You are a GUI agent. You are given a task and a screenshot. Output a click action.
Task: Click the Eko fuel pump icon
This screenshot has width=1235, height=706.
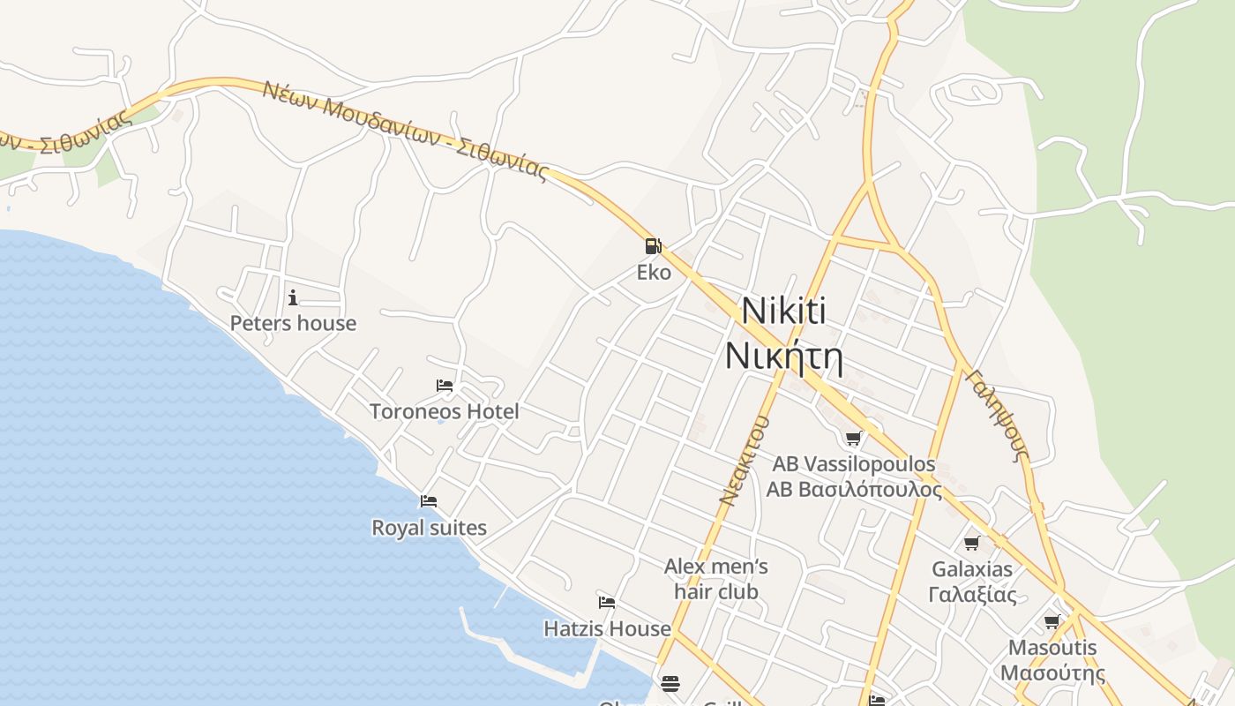coord(653,246)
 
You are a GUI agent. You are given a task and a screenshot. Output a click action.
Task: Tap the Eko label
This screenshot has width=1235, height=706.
coord(654,272)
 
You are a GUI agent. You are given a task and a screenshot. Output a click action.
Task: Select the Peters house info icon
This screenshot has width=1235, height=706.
coord(293,297)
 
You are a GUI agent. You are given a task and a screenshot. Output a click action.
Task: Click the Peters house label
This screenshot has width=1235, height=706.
coord(293,323)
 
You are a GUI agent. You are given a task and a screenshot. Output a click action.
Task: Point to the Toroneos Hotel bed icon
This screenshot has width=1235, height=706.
coord(445,386)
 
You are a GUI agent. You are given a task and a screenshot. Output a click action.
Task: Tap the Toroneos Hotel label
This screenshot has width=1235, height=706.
coord(444,411)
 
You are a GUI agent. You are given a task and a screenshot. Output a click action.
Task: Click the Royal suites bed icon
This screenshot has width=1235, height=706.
coord(429,501)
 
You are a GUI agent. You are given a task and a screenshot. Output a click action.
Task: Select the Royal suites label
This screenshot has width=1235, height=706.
coord(429,528)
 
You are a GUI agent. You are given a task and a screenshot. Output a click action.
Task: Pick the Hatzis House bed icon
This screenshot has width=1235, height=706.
coord(607,603)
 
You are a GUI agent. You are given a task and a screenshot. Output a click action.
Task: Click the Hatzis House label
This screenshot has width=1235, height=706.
coord(607,628)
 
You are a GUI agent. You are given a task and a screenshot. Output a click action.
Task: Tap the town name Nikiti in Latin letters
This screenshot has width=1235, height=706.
coord(783,311)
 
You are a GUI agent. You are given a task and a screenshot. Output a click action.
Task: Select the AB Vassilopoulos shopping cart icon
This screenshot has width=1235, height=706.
coord(853,438)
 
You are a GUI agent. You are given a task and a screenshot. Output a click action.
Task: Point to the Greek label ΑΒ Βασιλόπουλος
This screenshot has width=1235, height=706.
coord(853,489)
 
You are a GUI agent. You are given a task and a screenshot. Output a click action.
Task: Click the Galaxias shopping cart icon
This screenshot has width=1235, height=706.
coord(972,543)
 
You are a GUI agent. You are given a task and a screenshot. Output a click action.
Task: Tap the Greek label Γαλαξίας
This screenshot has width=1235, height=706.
coord(972,594)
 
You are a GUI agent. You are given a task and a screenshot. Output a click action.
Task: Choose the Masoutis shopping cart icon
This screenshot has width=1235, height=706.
coord(1052,621)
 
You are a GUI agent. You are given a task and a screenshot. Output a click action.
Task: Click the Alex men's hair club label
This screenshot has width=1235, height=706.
coord(715,578)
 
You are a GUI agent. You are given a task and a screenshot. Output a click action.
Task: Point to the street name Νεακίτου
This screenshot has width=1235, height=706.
coord(745,460)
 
